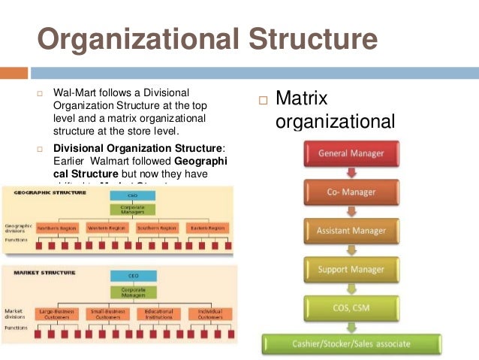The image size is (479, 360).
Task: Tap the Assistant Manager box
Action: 351,230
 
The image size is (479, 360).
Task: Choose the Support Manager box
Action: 351,269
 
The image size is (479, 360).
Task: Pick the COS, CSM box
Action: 351,307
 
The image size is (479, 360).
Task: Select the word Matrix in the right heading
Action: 302,98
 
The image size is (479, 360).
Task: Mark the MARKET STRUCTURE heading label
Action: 42,272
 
